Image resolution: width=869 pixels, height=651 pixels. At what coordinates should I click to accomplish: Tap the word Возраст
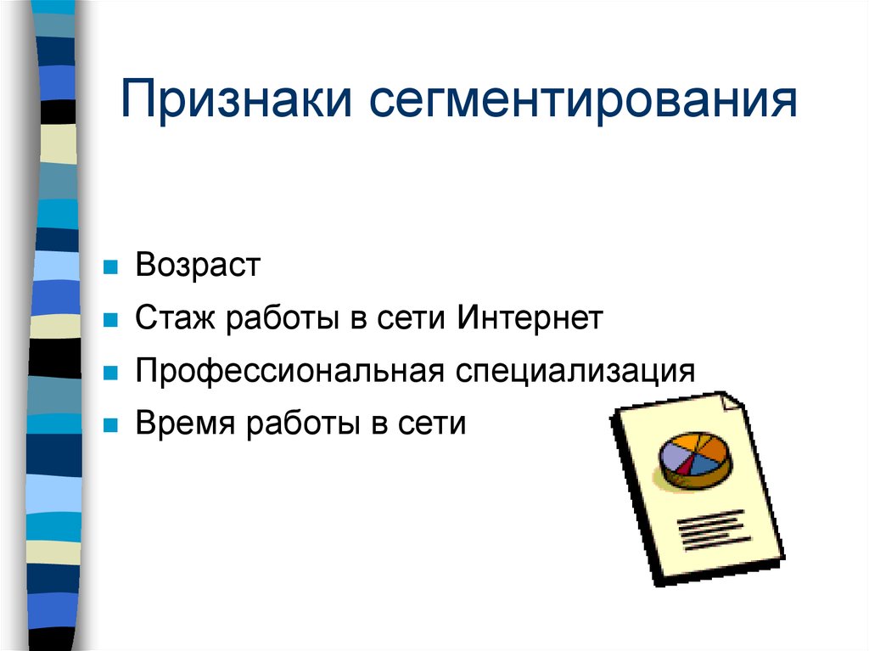197,266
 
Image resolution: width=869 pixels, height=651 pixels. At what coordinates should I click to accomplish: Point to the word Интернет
530,319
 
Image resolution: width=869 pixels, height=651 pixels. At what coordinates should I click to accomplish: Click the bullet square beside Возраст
109,268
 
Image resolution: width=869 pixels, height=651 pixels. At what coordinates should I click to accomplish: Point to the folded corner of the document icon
731,402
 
